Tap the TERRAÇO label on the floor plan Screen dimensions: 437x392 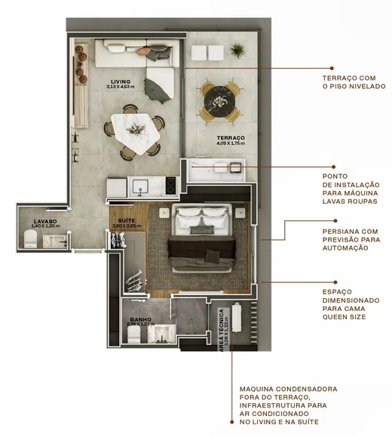coord(230,138)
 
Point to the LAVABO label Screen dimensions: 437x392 coord(45,222)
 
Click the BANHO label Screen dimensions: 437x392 coord(139,320)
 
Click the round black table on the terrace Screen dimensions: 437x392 coord(219,98)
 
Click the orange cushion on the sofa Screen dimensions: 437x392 coord(143,51)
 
